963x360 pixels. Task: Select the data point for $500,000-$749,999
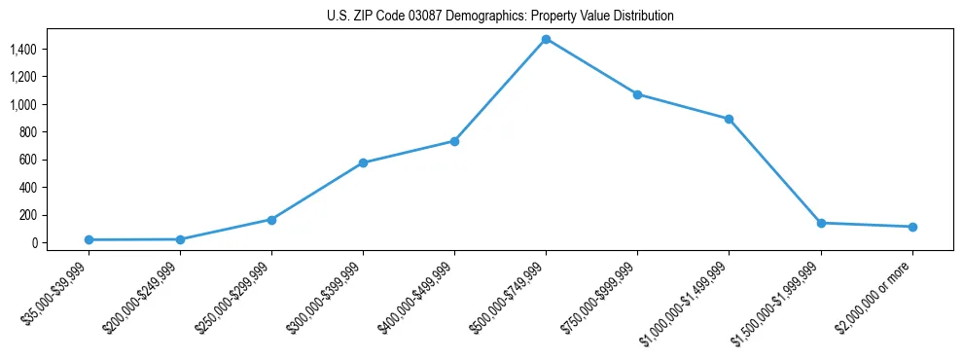point(546,39)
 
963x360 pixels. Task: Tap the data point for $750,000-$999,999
point(637,94)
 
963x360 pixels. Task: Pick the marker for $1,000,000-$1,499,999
point(729,119)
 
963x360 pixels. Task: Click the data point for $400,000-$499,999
point(454,141)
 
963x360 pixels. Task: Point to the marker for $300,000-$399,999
point(363,162)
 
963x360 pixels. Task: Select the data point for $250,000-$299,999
point(271,220)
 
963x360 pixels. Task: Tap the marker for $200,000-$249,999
point(180,239)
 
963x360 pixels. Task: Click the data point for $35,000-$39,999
point(89,239)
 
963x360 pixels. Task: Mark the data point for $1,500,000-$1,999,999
point(821,223)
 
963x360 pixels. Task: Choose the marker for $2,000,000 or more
point(912,227)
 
